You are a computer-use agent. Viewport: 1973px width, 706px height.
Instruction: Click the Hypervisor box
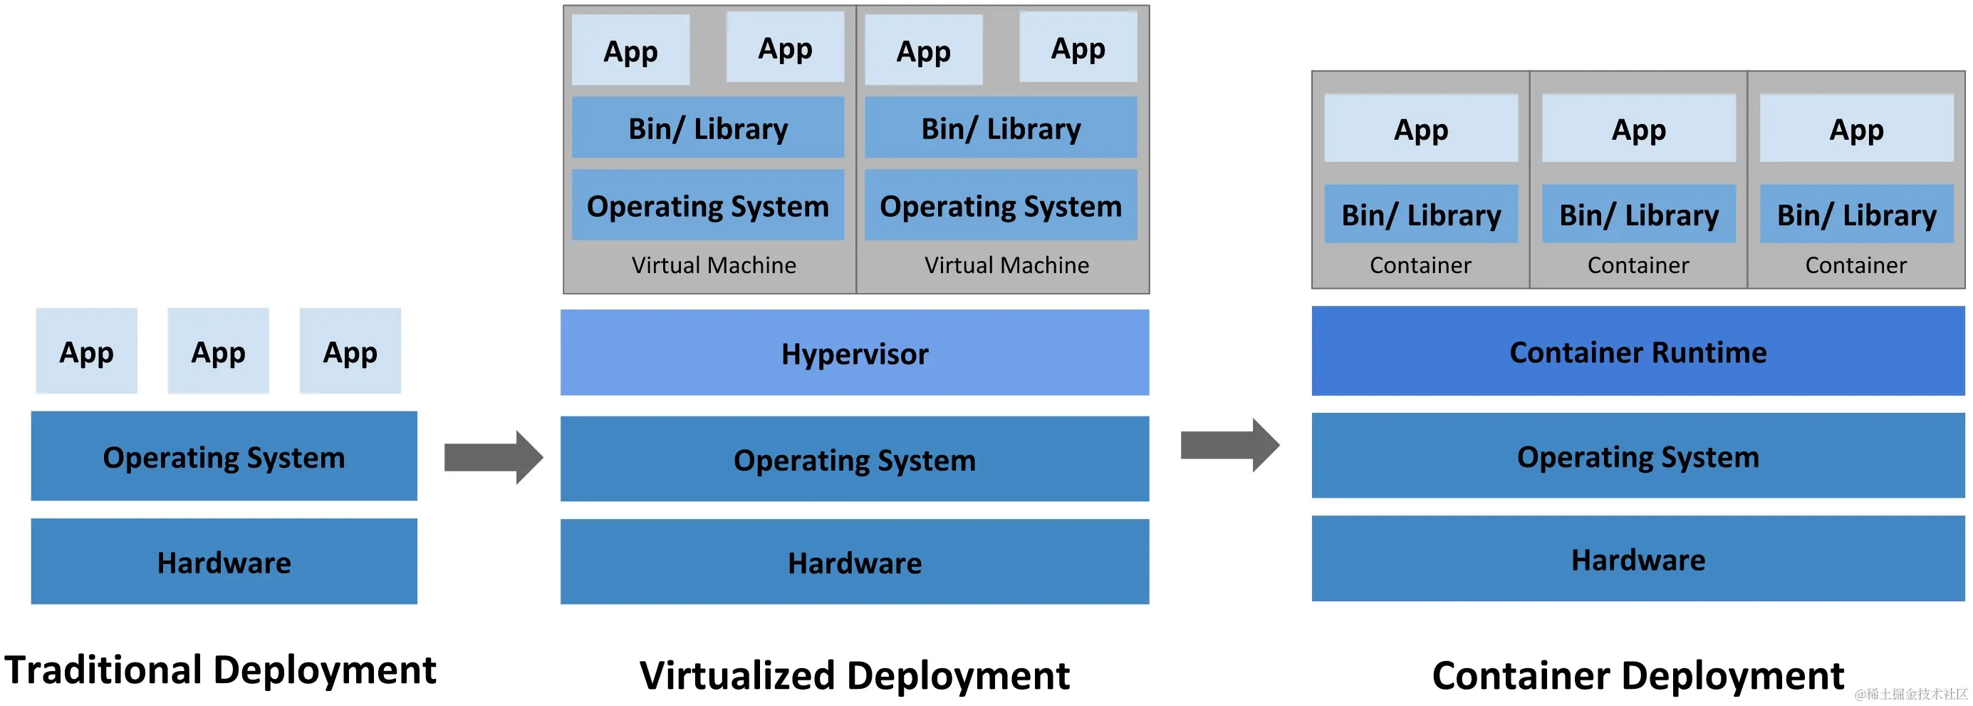tap(855, 352)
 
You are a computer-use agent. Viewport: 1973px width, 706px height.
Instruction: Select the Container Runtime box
tap(1638, 351)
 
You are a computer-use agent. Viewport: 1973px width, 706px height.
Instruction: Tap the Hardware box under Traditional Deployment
tap(224, 561)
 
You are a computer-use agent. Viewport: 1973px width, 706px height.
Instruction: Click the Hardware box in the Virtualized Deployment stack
tap(855, 562)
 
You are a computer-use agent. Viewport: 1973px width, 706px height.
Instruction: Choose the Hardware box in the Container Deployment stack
tap(1638, 559)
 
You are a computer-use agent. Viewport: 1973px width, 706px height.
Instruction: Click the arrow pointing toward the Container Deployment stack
tap(1230, 444)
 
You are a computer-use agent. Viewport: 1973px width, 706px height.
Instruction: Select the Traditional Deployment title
tap(221, 670)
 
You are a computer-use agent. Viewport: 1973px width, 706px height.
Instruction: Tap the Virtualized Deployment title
tap(855, 675)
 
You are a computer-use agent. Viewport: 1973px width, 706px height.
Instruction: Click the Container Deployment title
tap(1638, 675)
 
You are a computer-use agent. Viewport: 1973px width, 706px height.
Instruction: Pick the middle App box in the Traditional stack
tap(218, 351)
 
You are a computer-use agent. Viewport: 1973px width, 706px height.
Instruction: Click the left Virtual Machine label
tap(714, 265)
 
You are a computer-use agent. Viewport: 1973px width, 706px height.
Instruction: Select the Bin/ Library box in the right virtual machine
tap(1001, 127)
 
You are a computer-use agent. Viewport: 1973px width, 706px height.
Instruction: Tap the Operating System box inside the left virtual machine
tap(708, 205)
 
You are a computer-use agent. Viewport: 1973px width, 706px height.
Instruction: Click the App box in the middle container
tap(1639, 128)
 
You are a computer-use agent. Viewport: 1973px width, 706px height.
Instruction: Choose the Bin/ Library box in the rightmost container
tap(1857, 214)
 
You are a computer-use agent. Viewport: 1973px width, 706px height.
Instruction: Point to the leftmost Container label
tap(1421, 265)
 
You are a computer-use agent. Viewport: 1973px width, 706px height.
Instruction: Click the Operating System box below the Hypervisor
tap(855, 459)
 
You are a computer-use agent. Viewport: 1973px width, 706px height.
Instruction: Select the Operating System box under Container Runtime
tap(1638, 456)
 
